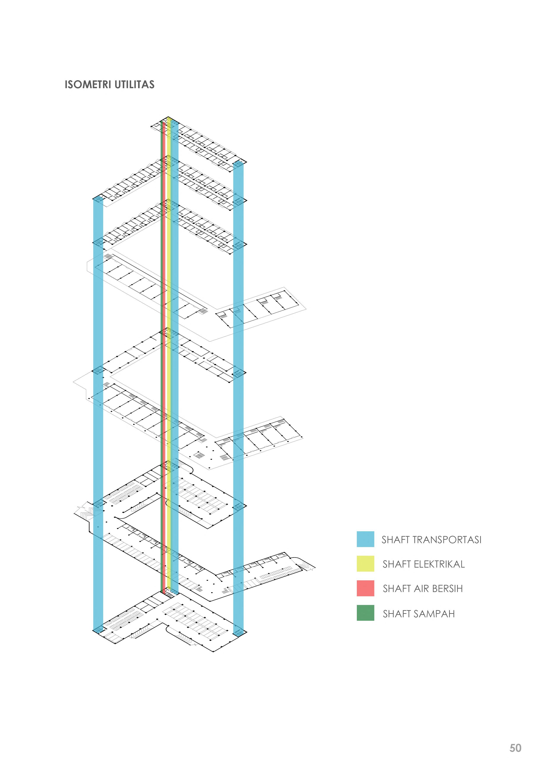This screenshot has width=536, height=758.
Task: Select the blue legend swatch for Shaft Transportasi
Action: (x=365, y=539)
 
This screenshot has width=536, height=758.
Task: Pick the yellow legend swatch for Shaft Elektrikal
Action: (x=365, y=563)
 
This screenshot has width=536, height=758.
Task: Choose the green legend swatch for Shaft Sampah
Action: (x=365, y=613)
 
